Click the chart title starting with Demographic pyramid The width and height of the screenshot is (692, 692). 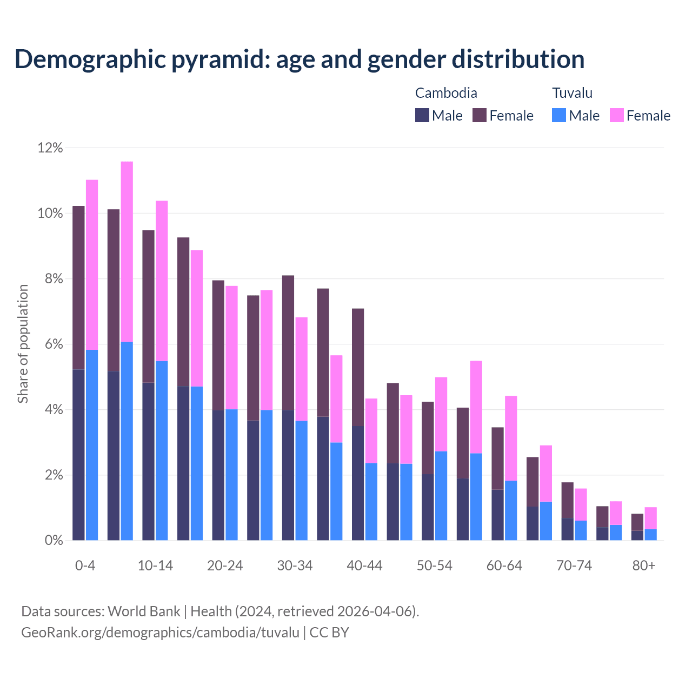(x=299, y=59)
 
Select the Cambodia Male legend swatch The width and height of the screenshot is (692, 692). (x=422, y=115)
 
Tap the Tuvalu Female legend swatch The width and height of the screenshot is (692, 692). (x=616, y=115)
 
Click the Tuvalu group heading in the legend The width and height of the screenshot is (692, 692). (x=572, y=93)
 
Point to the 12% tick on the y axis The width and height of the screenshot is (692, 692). (x=50, y=148)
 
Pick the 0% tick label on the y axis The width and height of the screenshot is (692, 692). (x=53, y=541)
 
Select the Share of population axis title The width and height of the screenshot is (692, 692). (x=23, y=344)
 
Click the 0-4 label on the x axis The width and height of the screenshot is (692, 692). (x=85, y=566)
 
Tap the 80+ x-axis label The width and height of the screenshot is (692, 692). (x=644, y=566)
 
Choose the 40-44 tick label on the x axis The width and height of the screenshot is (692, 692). (x=364, y=566)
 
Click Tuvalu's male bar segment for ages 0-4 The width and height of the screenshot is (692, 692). (x=92, y=445)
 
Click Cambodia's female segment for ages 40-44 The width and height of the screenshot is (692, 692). (x=358, y=367)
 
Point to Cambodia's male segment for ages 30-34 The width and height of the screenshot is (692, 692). (x=288, y=475)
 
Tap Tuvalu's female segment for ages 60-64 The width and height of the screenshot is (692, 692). (x=511, y=438)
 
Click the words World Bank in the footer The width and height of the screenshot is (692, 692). (x=144, y=611)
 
